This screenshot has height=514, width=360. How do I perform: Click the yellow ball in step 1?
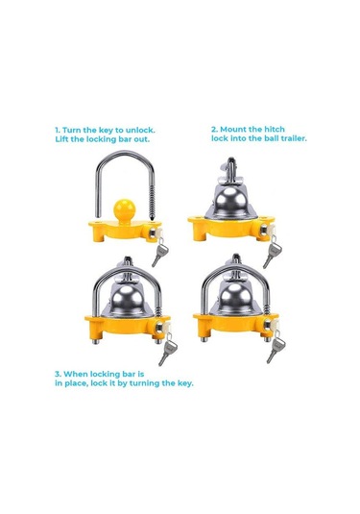[x=124, y=210]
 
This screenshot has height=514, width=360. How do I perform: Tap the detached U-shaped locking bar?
[x=124, y=154]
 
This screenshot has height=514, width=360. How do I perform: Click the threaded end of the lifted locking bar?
[x=152, y=204]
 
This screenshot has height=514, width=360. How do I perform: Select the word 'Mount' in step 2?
[x=235, y=129]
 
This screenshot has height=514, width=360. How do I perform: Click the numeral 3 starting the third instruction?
[x=58, y=374]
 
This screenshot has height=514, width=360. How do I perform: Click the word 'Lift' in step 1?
[x=61, y=139]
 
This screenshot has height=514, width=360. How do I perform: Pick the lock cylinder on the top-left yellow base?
[x=155, y=233]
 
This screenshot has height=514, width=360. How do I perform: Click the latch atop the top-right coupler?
[x=231, y=170]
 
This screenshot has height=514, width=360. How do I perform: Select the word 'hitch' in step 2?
[x=275, y=129]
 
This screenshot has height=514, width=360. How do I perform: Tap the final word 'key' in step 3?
[x=185, y=383]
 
